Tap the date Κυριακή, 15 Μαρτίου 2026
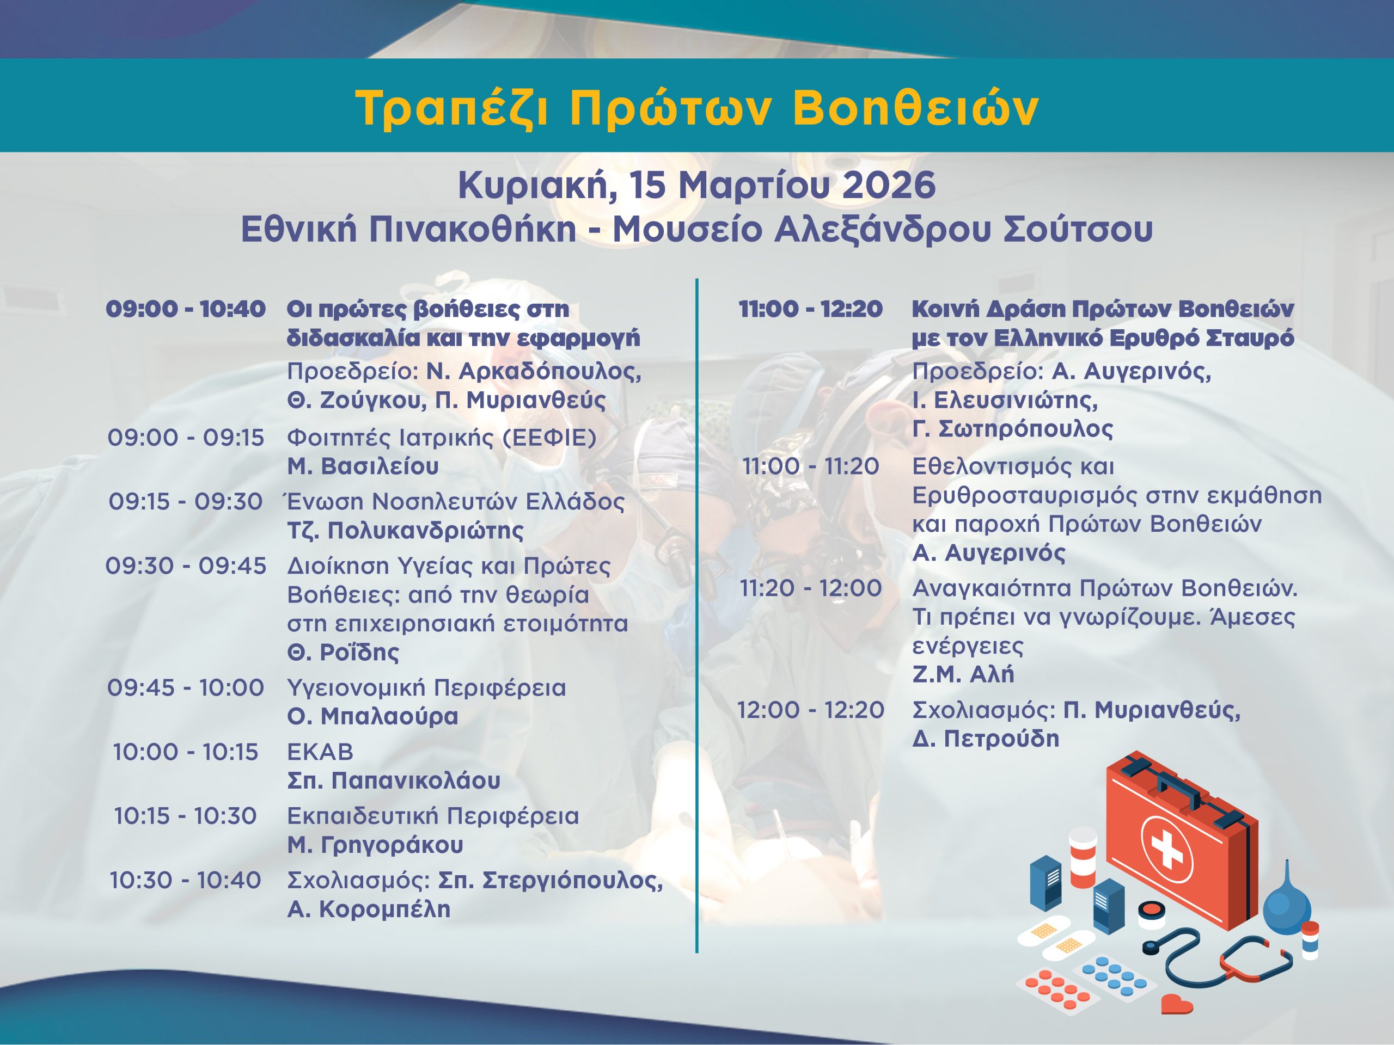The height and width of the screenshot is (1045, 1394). tap(696, 187)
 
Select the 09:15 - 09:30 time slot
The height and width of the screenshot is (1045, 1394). tap(185, 501)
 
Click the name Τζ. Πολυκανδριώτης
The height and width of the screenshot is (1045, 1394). tap(405, 531)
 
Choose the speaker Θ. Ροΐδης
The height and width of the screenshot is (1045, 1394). tap(344, 652)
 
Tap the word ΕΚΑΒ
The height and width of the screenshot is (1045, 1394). tap(320, 752)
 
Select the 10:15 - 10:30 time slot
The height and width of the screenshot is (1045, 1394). tap(185, 816)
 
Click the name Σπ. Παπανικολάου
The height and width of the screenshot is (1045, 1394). tap(394, 781)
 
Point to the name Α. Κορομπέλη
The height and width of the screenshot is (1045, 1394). tap(369, 909)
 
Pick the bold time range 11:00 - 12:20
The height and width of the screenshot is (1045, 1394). tap(810, 309)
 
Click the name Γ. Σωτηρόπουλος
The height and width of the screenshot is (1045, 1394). tap(1013, 429)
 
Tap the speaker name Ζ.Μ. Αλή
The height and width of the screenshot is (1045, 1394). tap(963, 674)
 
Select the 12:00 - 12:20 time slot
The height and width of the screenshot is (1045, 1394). tap(810, 710)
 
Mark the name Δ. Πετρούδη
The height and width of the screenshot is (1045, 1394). tap(986, 739)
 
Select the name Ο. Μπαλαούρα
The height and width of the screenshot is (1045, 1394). tap(372, 717)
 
